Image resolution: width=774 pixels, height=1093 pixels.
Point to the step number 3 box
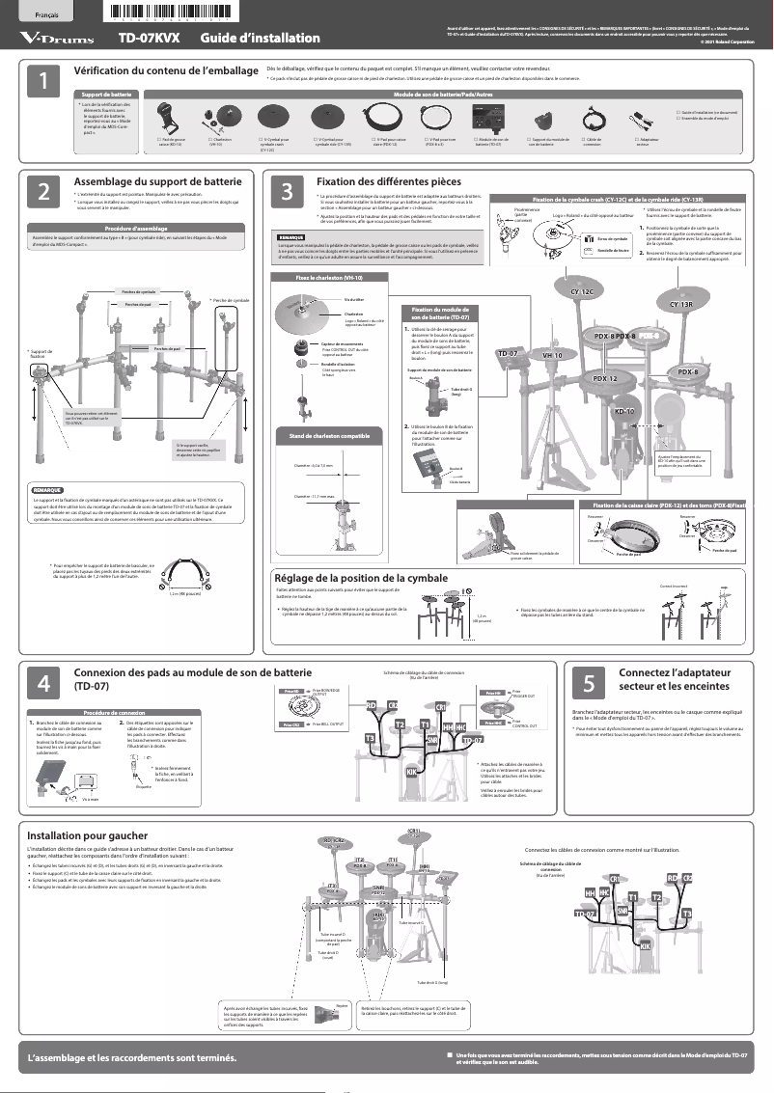tap(288, 192)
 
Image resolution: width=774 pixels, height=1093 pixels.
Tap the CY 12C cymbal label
tap(588, 290)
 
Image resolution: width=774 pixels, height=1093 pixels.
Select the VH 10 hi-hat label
tap(553, 355)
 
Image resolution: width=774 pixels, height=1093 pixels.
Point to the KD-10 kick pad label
tap(624, 412)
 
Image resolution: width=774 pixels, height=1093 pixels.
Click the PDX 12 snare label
tap(605, 378)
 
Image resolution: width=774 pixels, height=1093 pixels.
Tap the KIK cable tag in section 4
tap(411, 772)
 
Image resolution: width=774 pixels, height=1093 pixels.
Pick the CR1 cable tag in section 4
tap(440, 707)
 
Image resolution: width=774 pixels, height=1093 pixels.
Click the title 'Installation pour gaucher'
tap(87, 835)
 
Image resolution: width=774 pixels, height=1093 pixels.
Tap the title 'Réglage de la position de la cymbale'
tap(361, 578)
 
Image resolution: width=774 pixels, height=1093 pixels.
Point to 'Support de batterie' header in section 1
tap(106, 95)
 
